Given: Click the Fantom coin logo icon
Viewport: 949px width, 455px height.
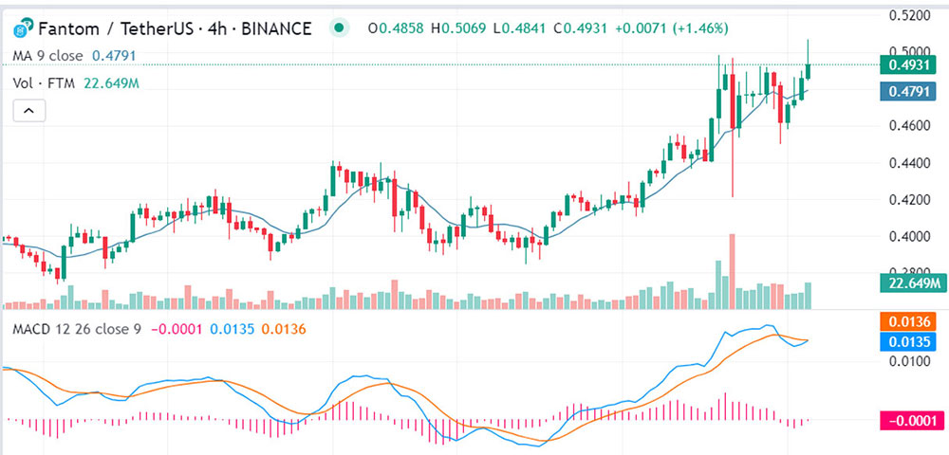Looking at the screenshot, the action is [23, 27].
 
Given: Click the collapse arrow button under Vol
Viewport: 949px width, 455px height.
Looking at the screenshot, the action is [29, 111].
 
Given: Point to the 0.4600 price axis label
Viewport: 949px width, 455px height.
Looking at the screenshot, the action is [908, 126].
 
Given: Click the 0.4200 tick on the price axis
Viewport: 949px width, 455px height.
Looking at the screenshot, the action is [908, 200].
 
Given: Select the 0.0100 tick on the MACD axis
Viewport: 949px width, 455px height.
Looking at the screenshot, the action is [908, 361].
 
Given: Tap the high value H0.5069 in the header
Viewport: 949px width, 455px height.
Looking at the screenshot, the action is [458, 27].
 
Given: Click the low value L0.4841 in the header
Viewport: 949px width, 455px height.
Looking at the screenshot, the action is [520, 27].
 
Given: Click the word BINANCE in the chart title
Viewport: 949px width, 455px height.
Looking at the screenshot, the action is [276, 27].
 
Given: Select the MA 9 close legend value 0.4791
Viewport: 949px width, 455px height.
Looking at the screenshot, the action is [114, 56].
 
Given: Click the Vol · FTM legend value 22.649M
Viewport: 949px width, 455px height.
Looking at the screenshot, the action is [111, 83].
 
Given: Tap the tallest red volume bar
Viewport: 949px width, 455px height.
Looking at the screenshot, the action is [732, 271].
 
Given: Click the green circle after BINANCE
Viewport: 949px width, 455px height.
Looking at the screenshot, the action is [341, 27].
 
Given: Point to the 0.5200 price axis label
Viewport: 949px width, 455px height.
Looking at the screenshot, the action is [908, 15].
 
